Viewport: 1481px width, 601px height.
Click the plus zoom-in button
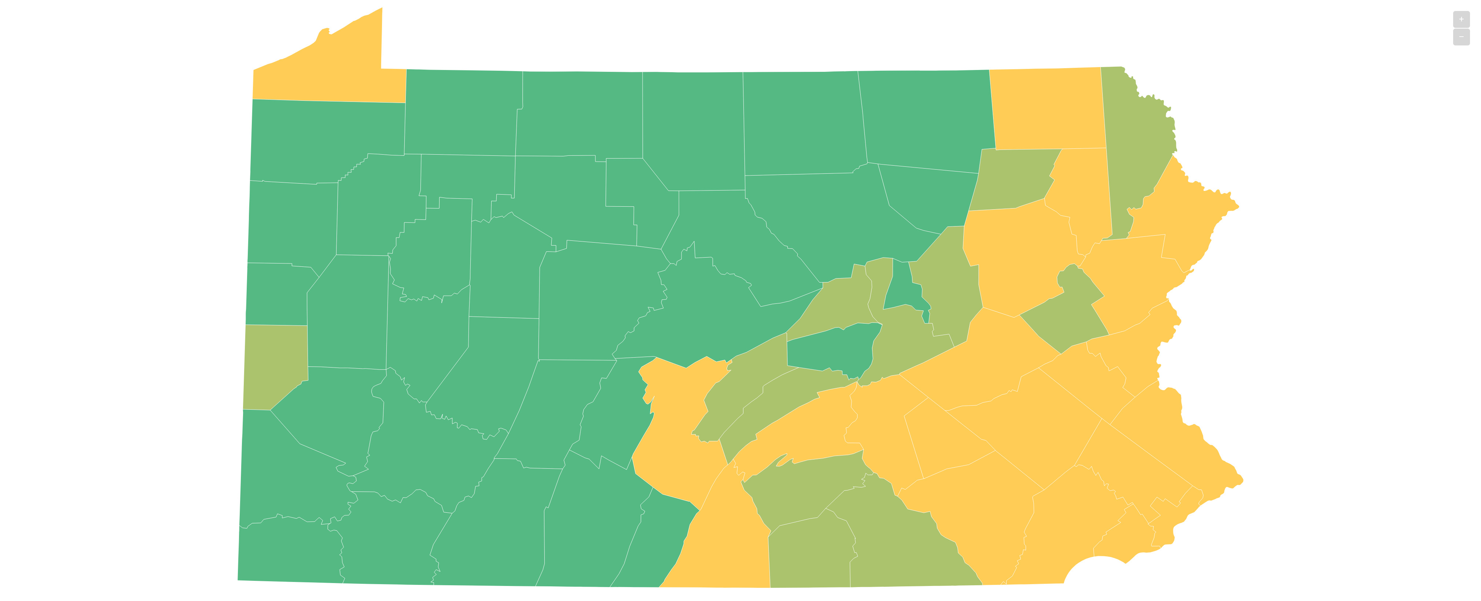[x=1461, y=19]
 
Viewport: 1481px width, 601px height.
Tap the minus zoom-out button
[x=1461, y=37]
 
